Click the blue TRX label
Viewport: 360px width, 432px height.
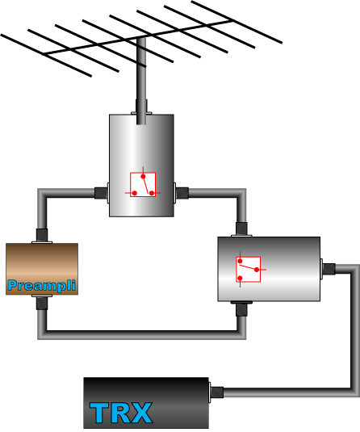(121, 413)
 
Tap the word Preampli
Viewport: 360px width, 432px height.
(42, 285)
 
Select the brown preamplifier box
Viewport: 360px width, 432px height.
(42, 269)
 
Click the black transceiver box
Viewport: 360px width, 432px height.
(146, 402)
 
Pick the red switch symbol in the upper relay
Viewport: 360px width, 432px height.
(143, 184)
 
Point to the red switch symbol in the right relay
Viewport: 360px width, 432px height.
(249, 269)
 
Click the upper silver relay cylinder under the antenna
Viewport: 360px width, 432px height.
(141, 166)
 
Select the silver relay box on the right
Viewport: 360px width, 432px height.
(269, 269)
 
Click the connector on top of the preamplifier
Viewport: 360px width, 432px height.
(42, 236)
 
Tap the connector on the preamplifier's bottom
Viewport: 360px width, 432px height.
(42, 302)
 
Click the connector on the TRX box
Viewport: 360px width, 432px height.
(216, 392)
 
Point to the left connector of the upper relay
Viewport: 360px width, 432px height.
(102, 193)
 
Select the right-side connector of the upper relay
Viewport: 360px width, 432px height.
(182, 193)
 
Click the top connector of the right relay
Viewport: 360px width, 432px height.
(241, 229)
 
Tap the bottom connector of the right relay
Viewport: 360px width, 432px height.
(241, 308)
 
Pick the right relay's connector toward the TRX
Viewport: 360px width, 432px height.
(328, 269)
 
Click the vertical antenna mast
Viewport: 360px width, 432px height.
(141, 81)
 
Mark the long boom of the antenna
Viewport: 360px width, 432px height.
(138, 37)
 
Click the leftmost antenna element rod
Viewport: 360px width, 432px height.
(46, 56)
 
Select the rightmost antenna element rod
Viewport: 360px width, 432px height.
(237, 22)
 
